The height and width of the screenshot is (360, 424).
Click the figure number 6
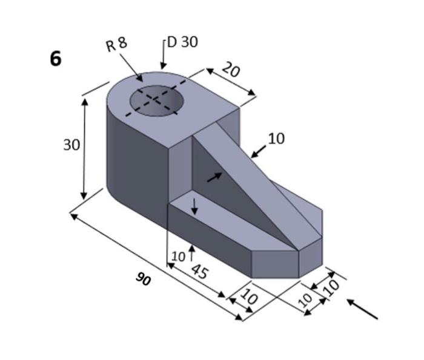click(x=56, y=59)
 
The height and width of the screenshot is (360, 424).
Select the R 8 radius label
click(x=116, y=44)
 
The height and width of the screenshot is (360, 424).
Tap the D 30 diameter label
click(x=182, y=42)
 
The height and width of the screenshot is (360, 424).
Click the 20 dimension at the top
click(x=231, y=70)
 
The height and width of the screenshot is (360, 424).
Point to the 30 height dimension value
click(x=71, y=145)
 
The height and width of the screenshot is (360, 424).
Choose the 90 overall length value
click(x=143, y=280)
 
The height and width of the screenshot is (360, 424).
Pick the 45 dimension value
click(x=199, y=270)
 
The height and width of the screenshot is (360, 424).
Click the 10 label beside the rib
click(x=276, y=139)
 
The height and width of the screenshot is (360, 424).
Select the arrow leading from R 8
click(x=131, y=67)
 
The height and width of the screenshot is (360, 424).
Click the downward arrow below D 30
click(x=162, y=60)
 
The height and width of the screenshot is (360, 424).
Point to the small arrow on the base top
click(x=194, y=206)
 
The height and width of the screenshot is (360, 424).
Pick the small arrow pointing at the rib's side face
click(x=214, y=177)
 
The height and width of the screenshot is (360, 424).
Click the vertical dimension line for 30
click(x=84, y=149)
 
